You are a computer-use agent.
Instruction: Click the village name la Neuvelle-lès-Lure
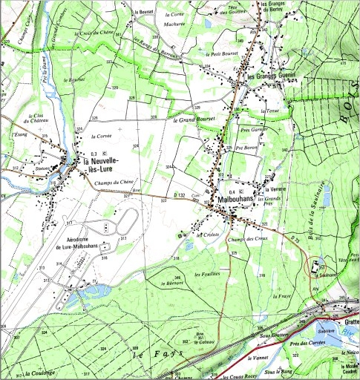tap(108, 164)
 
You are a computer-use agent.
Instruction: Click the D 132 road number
tap(177, 195)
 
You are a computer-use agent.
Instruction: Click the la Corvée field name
tap(104, 137)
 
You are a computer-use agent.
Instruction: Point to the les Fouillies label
tap(208, 275)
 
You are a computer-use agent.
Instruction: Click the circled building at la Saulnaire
tap(316, 265)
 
